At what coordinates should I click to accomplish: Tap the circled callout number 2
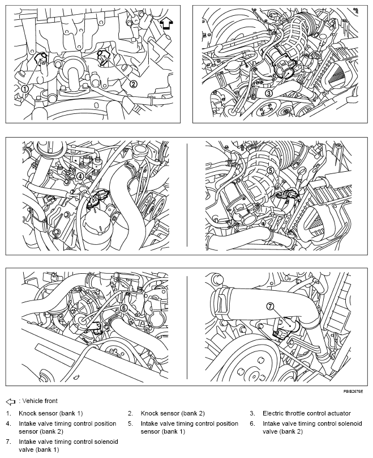(x=133, y=84)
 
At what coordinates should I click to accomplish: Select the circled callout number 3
(x=269, y=93)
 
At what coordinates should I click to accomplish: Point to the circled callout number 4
(x=80, y=176)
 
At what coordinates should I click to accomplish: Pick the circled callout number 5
(x=271, y=170)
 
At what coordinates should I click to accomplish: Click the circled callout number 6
(x=123, y=308)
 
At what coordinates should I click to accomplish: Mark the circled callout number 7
(x=271, y=306)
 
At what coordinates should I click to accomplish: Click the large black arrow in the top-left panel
(x=166, y=23)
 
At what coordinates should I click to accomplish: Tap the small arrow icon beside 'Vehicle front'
(x=11, y=402)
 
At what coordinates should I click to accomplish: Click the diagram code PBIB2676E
(x=353, y=391)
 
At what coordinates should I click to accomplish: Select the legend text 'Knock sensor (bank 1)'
(x=51, y=413)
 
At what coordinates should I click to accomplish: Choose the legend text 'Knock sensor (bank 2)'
(x=173, y=413)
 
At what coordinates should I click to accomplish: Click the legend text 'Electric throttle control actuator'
(x=307, y=413)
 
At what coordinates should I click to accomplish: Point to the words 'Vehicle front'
(x=40, y=401)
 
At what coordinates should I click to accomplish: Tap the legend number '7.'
(x=8, y=442)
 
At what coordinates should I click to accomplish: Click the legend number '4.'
(x=8, y=423)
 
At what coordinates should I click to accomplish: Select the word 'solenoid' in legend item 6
(x=350, y=423)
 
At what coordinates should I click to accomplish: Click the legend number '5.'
(x=131, y=423)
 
